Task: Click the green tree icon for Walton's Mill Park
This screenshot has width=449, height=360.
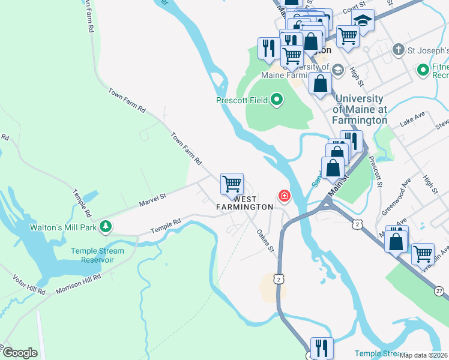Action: pos(106,226)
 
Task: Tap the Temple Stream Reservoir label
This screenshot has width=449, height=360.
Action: pos(97,256)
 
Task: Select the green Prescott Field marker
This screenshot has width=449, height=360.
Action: pos(276,100)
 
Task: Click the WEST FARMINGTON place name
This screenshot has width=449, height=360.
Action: pos(245,202)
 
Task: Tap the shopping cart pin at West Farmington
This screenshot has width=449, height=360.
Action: pos(232,184)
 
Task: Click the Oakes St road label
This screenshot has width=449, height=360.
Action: pos(265,240)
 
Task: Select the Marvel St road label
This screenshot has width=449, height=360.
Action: pos(152,197)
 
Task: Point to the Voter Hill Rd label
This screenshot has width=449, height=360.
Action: pos(29,284)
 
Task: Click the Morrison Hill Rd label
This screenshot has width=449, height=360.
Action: pos(79,284)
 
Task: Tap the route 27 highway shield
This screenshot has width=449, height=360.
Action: pos(441,290)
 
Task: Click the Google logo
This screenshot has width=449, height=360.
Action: pos(19,352)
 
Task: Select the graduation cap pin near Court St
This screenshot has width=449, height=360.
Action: pos(363,20)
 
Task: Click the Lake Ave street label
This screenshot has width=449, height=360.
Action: pos(412,122)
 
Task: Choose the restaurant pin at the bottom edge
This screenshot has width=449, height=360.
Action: pos(321,347)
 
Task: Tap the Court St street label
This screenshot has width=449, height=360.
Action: pos(354,10)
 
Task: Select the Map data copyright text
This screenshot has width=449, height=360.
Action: pos(424,355)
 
